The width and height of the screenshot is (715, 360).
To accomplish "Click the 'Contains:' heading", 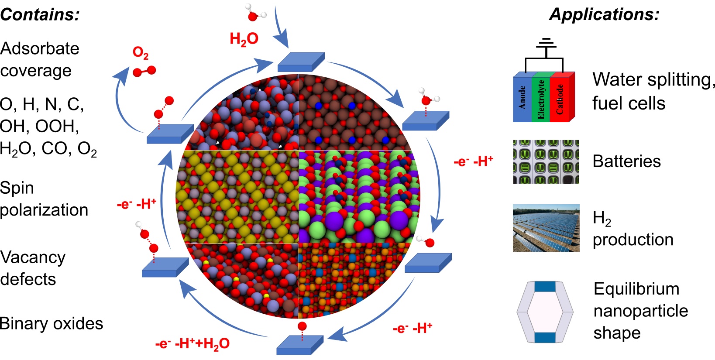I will [x=40, y=14].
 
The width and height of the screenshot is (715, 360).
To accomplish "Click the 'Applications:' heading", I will [x=604, y=14].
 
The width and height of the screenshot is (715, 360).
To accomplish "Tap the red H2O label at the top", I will [x=244, y=39].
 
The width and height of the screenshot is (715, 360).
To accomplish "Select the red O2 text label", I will [x=141, y=53].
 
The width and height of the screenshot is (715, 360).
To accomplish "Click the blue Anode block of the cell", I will [x=522, y=98].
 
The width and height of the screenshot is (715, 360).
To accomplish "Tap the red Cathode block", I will [x=560, y=99].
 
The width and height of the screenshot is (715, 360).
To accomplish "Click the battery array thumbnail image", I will [x=546, y=161].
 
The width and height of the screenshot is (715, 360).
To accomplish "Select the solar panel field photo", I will [x=546, y=228].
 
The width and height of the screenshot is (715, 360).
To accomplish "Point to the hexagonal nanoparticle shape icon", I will [x=545, y=312].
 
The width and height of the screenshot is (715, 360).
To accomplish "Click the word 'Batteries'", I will [x=626, y=161].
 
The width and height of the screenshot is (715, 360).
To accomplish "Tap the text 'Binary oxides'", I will [x=52, y=323].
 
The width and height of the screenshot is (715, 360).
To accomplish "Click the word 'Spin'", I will [x=17, y=188].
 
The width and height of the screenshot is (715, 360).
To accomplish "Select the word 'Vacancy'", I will [x=33, y=257].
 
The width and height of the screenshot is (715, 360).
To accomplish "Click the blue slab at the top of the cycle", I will [x=301, y=62].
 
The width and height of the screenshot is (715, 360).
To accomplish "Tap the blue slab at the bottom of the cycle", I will [x=299, y=345].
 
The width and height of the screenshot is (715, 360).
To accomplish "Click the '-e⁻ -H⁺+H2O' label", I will [x=192, y=343].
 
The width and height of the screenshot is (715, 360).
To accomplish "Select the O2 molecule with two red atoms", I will [x=144, y=71].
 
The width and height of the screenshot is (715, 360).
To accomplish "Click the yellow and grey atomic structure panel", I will [x=237, y=197].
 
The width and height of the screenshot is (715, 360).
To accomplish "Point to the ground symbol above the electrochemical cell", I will [x=546, y=44].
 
